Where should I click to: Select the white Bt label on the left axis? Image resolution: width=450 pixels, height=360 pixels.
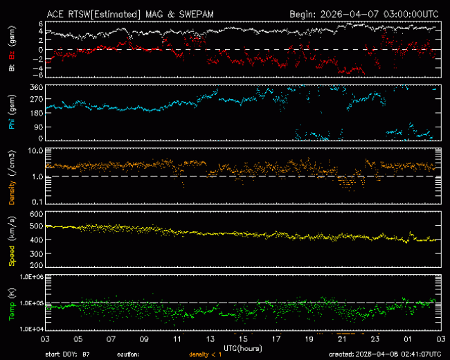point(12,68)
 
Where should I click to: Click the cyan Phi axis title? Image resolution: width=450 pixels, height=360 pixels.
point(12,113)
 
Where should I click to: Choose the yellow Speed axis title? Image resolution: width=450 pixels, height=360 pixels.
point(12,239)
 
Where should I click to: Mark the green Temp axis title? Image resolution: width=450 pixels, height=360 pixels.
point(12,303)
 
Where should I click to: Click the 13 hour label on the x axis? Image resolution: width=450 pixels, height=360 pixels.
point(210,341)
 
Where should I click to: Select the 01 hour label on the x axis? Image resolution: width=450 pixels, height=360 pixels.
point(407,341)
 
